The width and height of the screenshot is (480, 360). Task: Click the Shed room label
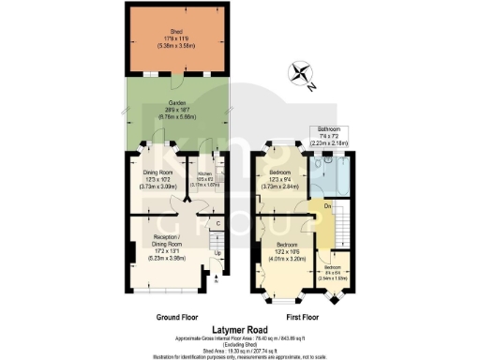point(176,31)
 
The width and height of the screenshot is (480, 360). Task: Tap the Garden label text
point(176,104)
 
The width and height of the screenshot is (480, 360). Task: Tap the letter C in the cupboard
point(217,223)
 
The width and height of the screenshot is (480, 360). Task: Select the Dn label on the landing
point(327,206)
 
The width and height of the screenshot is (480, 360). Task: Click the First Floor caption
point(297,318)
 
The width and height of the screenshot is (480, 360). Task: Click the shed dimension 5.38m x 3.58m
point(176,44)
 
